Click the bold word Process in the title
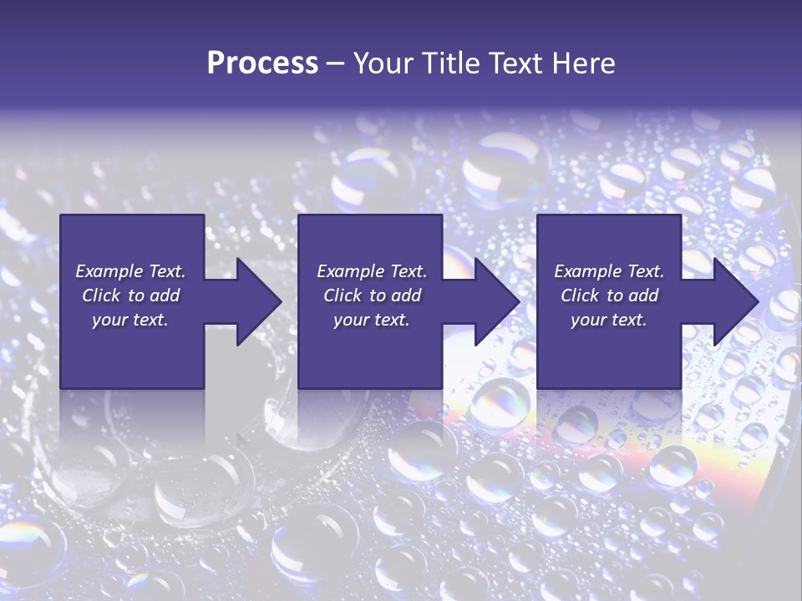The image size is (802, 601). point(262,63)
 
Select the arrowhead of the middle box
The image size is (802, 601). point(495,301)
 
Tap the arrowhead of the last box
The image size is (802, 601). point(734,301)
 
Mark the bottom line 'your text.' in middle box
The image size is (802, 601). point(371,320)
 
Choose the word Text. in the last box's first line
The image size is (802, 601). point(645,271)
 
